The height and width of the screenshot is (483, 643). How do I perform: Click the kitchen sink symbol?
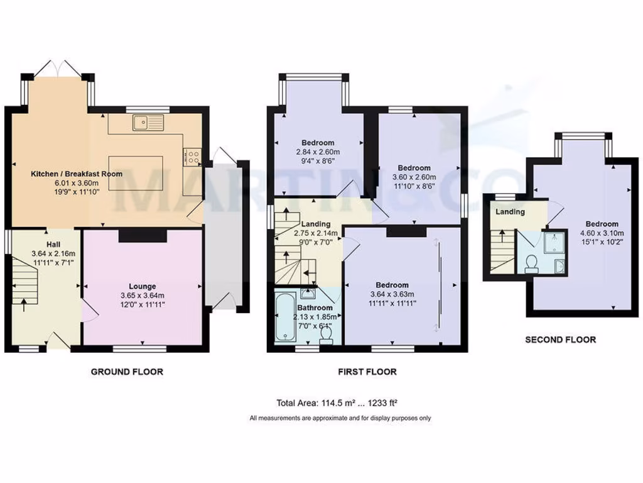point(148,122)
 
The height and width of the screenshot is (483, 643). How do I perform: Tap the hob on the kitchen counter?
point(192,156)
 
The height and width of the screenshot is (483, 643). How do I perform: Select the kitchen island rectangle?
point(136,172)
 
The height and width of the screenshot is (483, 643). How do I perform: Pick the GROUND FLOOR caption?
point(127,372)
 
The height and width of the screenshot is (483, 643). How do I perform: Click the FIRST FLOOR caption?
point(367,372)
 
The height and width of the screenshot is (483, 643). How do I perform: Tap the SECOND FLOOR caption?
point(560,340)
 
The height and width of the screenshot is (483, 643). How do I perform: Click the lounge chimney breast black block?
point(143,235)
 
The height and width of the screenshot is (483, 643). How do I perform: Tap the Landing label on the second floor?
point(510,211)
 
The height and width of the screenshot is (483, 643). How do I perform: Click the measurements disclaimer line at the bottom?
point(340,418)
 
